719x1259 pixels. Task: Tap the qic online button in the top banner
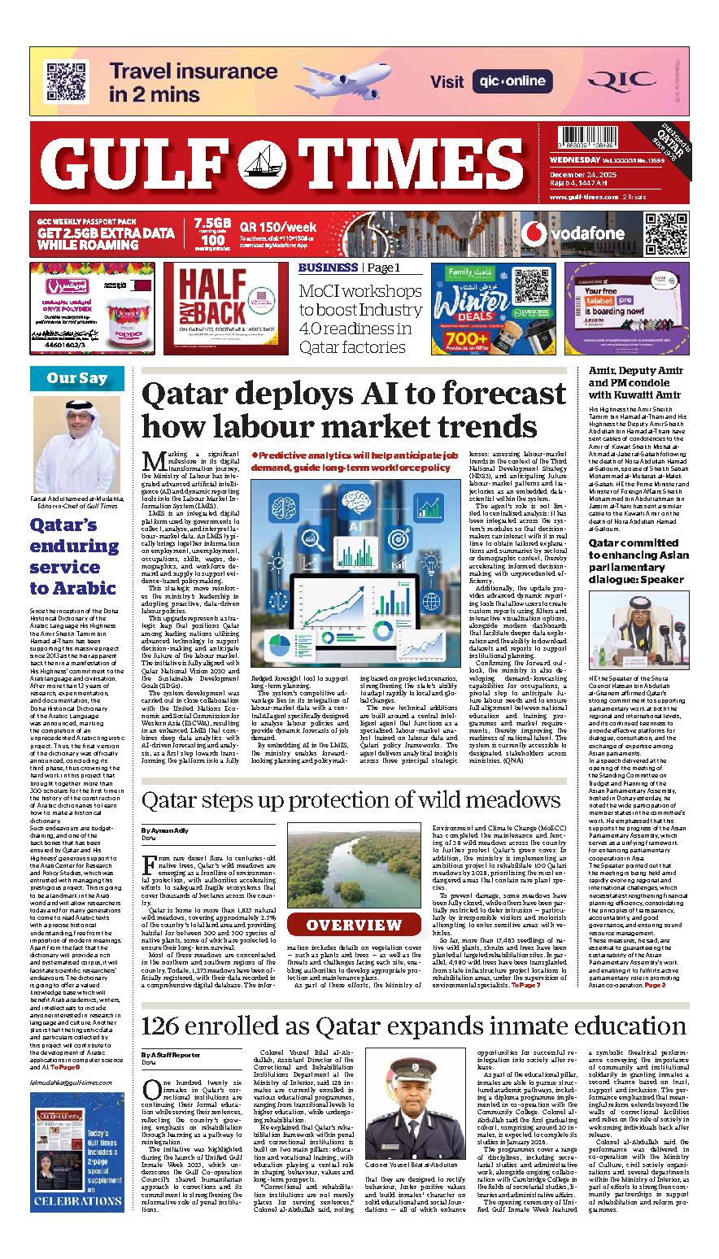(x=512, y=81)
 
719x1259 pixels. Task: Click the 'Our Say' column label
(x=76, y=378)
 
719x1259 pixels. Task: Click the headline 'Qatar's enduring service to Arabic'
(x=72, y=556)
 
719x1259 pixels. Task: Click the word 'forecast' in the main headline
(x=482, y=395)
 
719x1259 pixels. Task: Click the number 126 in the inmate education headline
(x=168, y=1026)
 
